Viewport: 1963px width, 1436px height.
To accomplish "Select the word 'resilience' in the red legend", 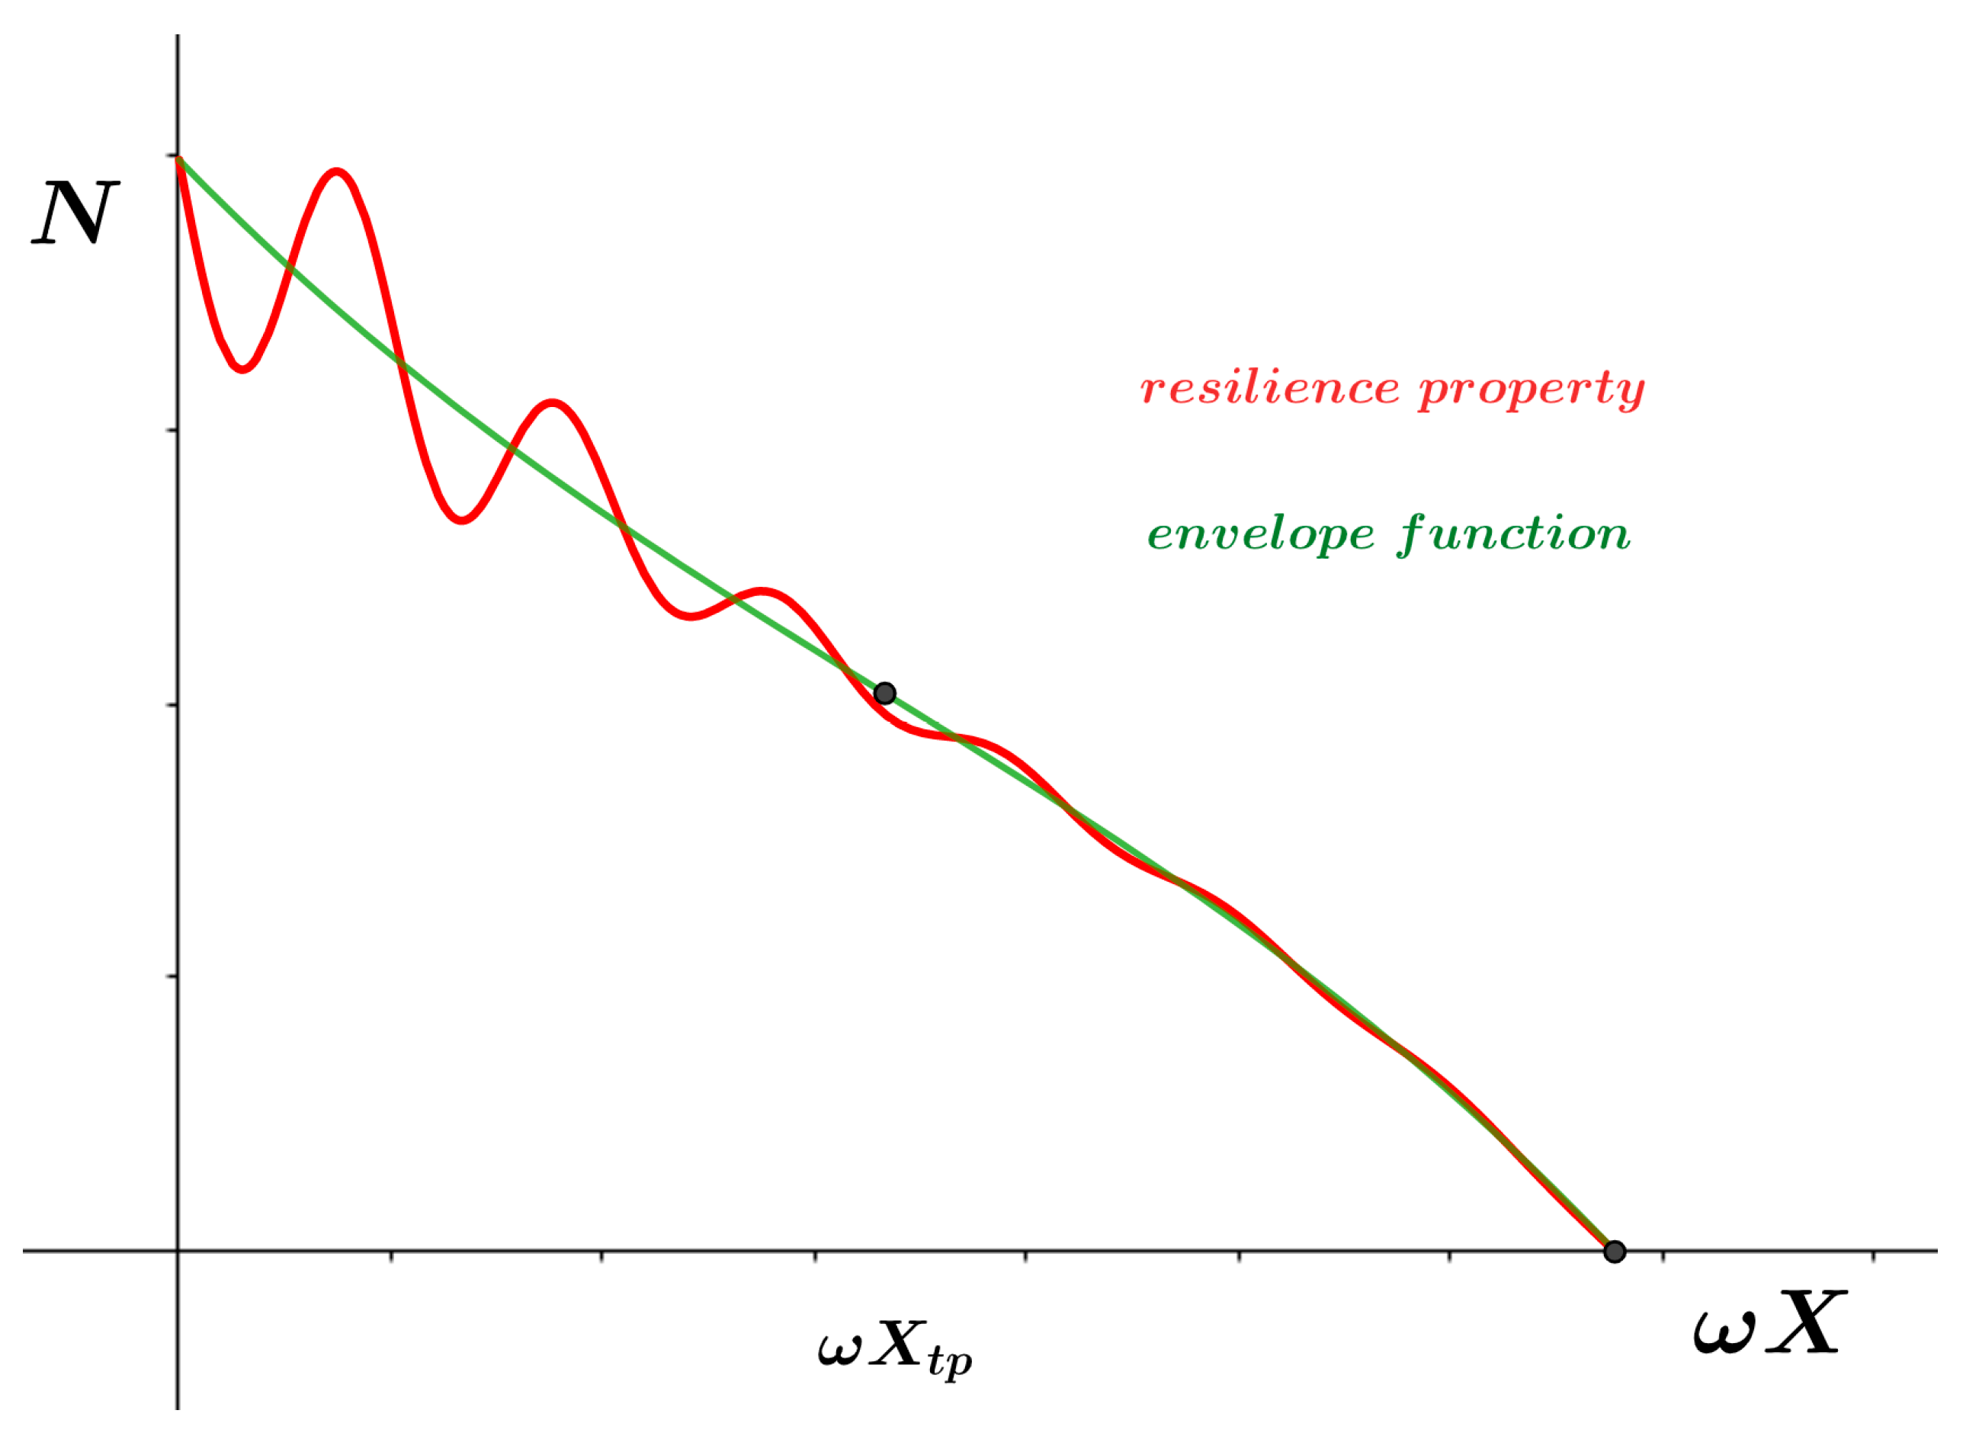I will pyautogui.click(x=1269, y=388).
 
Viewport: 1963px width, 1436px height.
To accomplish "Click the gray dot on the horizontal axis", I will pyautogui.click(x=1615, y=1252).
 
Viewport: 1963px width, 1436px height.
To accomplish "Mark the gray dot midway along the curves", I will pyautogui.click(x=884, y=693).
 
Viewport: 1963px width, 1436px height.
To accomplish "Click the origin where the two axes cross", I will pyautogui.click(x=178, y=1252).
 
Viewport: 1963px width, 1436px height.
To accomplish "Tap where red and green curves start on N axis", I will pyautogui.click(x=178, y=159).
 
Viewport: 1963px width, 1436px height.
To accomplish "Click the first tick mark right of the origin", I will pyautogui.click(x=391, y=1256).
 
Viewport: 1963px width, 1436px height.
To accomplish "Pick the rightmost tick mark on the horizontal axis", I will pyautogui.click(x=1872, y=1256).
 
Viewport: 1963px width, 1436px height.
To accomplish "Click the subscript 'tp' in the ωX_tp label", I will pyautogui.click(x=949, y=1361).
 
